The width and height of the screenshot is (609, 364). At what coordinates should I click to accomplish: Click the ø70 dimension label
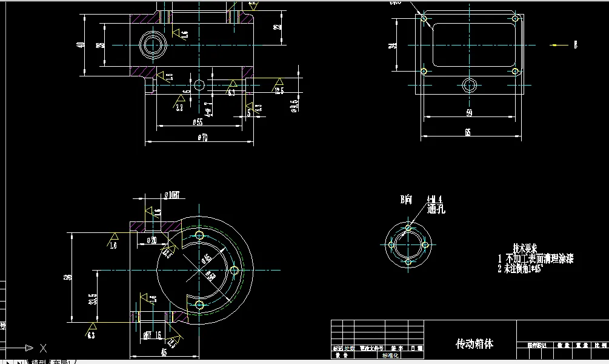pyautogui.click(x=201, y=138)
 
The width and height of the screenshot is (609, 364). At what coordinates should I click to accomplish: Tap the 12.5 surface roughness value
pyautogui.click(x=279, y=92)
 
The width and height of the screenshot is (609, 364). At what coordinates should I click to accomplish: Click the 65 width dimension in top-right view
pyautogui.click(x=468, y=132)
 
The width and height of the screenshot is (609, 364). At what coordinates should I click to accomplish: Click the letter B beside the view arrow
pyautogui.click(x=575, y=45)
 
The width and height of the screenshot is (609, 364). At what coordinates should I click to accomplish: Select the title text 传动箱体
pyautogui.click(x=474, y=343)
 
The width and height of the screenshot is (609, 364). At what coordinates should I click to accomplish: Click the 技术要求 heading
pyautogui.click(x=525, y=248)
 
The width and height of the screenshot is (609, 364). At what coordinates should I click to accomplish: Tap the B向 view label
pyautogui.click(x=406, y=199)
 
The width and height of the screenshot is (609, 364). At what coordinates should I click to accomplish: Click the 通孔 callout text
pyautogui.click(x=436, y=209)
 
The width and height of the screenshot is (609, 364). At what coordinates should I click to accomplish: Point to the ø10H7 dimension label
pyautogui.click(x=175, y=195)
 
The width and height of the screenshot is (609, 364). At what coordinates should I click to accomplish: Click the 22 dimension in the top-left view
pyautogui.click(x=277, y=26)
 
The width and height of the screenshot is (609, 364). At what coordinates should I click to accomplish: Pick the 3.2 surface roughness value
pyautogui.click(x=179, y=108)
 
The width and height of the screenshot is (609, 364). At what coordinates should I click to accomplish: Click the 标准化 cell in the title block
pyautogui.click(x=388, y=356)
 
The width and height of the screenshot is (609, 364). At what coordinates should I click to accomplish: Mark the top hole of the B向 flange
pyautogui.click(x=408, y=228)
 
